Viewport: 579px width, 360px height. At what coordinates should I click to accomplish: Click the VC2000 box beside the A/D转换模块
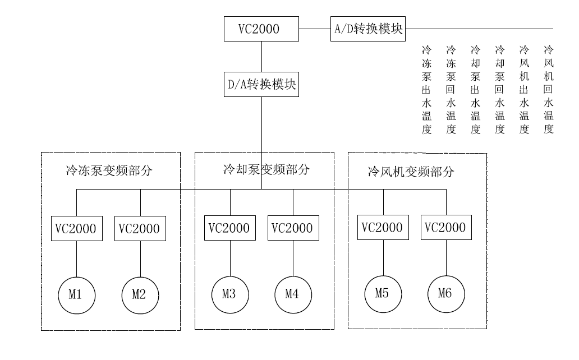pyautogui.click(x=261, y=29)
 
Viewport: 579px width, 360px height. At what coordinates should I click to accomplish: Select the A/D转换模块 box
pyautogui.click(x=368, y=29)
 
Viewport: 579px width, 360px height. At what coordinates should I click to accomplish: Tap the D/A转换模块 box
pyautogui.click(x=261, y=85)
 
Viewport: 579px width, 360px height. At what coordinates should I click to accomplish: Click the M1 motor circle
pyautogui.click(x=77, y=294)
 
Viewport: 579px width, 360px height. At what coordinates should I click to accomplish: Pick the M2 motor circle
pyautogui.click(x=140, y=294)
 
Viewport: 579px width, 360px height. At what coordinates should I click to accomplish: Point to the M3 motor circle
pyautogui.click(x=230, y=293)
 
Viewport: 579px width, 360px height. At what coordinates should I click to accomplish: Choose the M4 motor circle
pyautogui.click(x=293, y=293)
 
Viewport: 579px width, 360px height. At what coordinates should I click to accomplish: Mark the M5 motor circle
pyautogui.click(x=383, y=293)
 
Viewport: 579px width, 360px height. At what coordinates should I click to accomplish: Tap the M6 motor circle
pyautogui.click(x=447, y=293)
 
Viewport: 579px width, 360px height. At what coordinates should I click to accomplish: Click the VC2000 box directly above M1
pyautogui.click(x=77, y=229)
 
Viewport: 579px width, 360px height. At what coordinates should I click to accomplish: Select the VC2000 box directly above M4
pyautogui.click(x=293, y=228)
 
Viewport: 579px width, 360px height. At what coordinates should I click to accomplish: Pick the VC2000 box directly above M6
pyautogui.click(x=447, y=227)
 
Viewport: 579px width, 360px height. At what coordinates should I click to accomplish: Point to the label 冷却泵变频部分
pyautogui.click(x=265, y=169)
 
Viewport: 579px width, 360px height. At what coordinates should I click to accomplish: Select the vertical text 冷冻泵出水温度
pyautogui.click(x=426, y=90)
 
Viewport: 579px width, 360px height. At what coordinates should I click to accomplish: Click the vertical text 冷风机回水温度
pyautogui.click(x=549, y=90)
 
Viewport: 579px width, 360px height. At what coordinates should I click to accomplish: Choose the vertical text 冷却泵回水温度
pyautogui.click(x=500, y=90)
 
